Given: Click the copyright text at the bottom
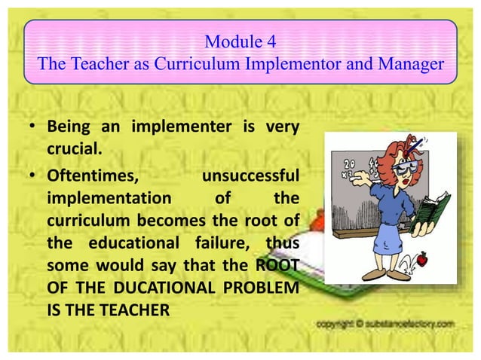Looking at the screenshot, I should pyautogui.click(x=384, y=323).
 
